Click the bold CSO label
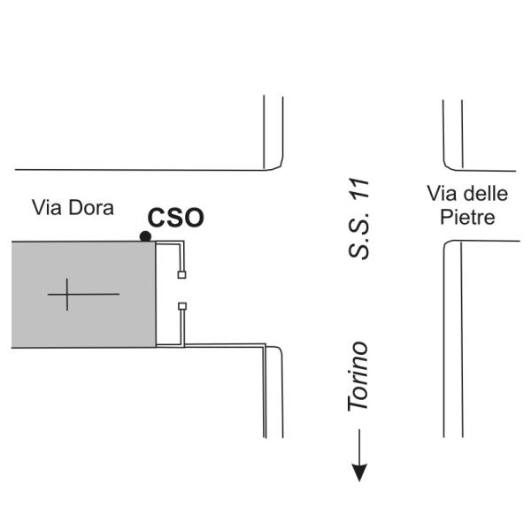[176, 218]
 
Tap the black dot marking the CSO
[145, 236]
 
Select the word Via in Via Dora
[47, 207]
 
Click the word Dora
[91, 207]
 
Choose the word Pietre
[467, 217]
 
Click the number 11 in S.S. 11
[359, 189]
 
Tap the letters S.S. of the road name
[359, 234]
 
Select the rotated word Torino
[358, 376]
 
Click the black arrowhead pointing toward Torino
[359, 473]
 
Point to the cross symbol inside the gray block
[67, 295]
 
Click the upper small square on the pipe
[181, 274]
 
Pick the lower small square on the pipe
[182, 306]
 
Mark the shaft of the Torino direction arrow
[359, 447]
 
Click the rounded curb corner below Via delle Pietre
[447, 244]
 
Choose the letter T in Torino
[358, 402]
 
